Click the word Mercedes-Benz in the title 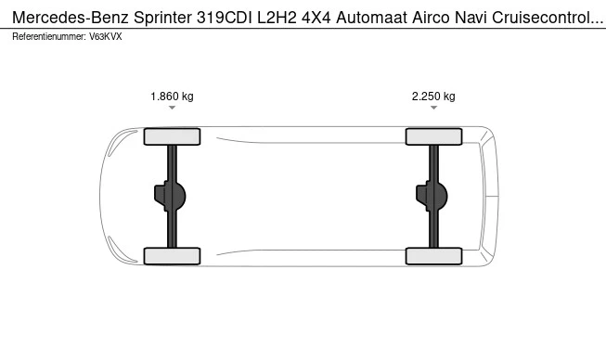pyautogui.click(x=71, y=18)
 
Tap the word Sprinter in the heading pyautogui.click(x=162, y=18)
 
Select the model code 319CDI pyautogui.click(x=225, y=18)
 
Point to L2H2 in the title pyautogui.click(x=277, y=18)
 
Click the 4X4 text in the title pyautogui.click(x=316, y=18)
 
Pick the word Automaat pyautogui.click(x=371, y=18)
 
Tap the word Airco pyautogui.click(x=431, y=18)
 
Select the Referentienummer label pyautogui.click(x=49, y=37)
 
